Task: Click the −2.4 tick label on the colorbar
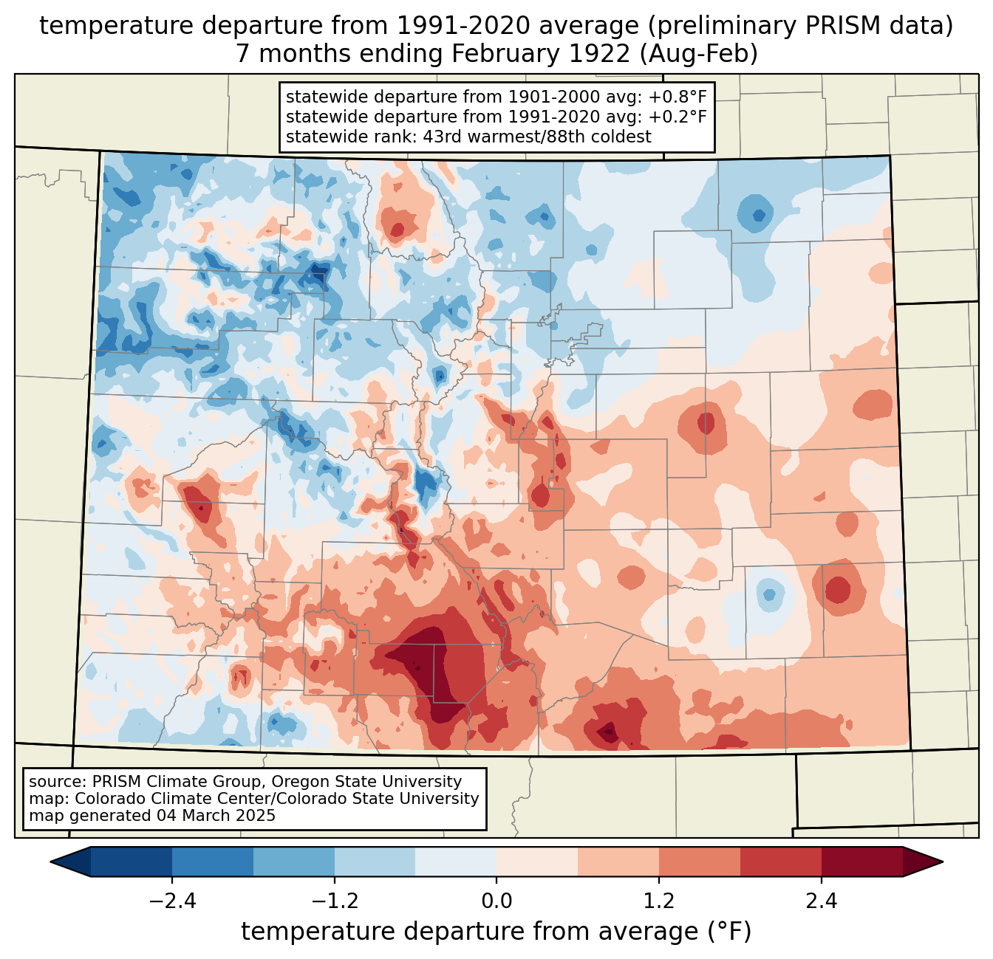[172, 901]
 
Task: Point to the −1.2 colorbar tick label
[335, 901]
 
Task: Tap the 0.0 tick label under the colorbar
[496, 901]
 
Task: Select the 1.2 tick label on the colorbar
[659, 901]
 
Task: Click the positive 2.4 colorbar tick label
[821, 901]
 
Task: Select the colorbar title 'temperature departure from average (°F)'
[496, 932]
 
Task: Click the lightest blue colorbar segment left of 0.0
[456, 862]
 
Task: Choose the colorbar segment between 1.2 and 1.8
[699, 862]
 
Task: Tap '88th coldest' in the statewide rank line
[605, 137]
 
